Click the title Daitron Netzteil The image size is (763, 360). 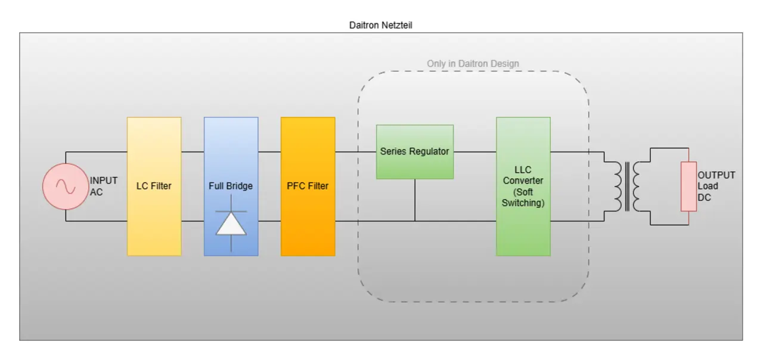(380, 25)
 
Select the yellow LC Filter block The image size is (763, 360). (154, 187)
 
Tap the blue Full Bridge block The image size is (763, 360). (231, 187)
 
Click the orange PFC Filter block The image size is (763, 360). (308, 187)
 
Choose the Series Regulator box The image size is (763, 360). (415, 151)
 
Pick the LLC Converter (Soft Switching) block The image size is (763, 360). (523, 187)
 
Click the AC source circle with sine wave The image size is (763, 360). (66, 187)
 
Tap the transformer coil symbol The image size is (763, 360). (626, 187)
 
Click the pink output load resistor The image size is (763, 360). (688, 187)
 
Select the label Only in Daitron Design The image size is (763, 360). (473, 64)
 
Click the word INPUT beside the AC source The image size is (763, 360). (104, 181)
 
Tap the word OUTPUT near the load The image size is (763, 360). (716, 175)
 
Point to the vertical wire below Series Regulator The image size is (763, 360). (415, 200)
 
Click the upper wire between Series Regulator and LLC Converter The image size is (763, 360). (475, 152)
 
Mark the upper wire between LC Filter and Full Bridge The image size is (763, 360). (193, 152)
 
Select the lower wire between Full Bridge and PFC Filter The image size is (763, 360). (269, 221)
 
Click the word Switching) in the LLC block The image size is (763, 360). (523, 203)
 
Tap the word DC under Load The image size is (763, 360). (704, 197)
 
